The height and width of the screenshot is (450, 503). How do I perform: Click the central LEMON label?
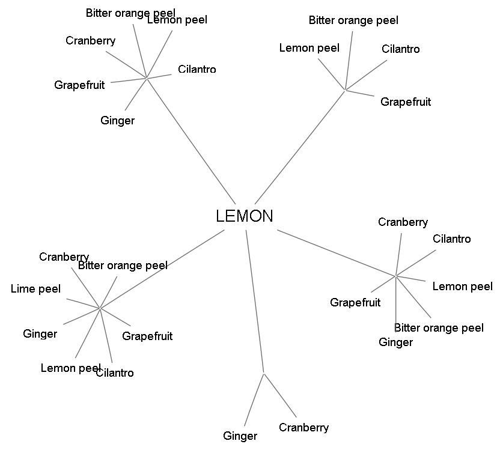click(244, 216)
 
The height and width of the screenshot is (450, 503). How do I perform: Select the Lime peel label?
click(35, 289)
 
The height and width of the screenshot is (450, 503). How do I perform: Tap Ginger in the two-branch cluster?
click(240, 436)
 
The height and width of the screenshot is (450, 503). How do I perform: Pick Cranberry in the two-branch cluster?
click(303, 428)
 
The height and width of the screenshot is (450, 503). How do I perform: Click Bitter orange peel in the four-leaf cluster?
click(353, 20)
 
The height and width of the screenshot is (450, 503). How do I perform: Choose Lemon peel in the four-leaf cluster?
click(309, 48)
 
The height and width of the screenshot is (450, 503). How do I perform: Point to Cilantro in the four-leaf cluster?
click(400, 49)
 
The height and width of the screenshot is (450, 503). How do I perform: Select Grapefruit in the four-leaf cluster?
click(406, 102)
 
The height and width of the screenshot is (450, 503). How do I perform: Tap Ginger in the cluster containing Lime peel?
click(40, 334)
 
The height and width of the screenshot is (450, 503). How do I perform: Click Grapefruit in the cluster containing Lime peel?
click(147, 336)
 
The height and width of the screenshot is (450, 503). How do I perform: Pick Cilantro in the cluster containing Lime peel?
click(116, 373)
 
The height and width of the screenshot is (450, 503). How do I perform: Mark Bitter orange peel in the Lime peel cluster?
click(123, 266)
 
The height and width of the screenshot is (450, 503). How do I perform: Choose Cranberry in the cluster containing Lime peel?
click(64, 257)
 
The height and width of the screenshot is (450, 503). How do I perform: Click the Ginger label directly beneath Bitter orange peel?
click(395, 342)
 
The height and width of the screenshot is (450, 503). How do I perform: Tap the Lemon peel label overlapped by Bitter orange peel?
click(178, 20)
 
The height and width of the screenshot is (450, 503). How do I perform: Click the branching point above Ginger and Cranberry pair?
click(264, 373)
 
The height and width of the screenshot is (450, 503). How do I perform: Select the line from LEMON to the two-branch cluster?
click(255, 300)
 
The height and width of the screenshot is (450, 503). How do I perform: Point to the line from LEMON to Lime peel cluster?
click(162, 269)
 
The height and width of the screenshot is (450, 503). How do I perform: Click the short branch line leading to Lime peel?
click(82, 303)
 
